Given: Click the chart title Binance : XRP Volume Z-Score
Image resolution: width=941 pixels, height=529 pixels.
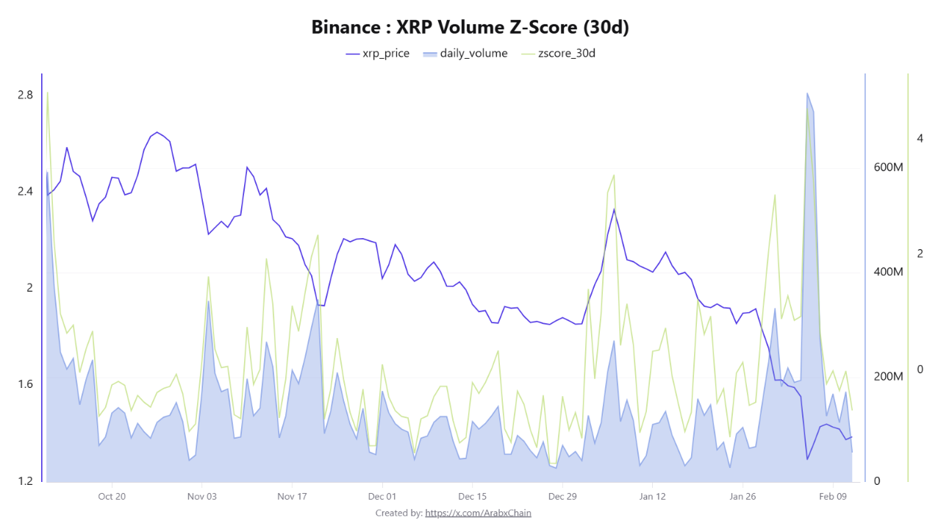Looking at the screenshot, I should coord(470,27).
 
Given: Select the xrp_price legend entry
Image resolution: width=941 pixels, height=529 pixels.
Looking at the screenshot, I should coord(377,54).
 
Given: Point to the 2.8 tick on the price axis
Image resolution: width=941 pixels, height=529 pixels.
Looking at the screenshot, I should coord(25,95).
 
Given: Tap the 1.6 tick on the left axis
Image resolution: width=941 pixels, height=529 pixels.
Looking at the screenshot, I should coord(25,384).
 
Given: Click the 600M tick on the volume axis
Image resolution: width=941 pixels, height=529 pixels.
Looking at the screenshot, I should coord(887,168).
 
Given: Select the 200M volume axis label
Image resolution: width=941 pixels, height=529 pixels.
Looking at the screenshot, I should coord(887,377).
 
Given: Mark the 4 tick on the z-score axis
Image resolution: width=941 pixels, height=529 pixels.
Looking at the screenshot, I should coord(920,138).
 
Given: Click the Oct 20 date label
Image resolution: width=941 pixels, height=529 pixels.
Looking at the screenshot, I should coord(112,497).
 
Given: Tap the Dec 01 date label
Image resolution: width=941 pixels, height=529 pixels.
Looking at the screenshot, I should coord(382,497).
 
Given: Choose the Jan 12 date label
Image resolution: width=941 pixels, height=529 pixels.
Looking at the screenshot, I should coord(652,497).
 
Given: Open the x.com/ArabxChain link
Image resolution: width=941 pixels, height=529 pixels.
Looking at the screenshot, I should coord(478,513).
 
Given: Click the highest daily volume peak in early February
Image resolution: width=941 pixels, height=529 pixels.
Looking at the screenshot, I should coord(807,93).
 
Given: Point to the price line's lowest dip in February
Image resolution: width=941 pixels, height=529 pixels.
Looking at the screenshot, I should coord(807,460).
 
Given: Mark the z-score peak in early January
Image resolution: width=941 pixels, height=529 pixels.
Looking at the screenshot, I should coord(614,175).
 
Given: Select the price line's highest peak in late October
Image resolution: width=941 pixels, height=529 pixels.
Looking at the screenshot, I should coord(157,132).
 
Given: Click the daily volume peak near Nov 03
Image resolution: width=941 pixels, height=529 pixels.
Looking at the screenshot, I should coord(208,301).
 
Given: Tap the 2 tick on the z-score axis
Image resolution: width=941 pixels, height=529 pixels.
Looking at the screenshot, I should coord(920,253).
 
